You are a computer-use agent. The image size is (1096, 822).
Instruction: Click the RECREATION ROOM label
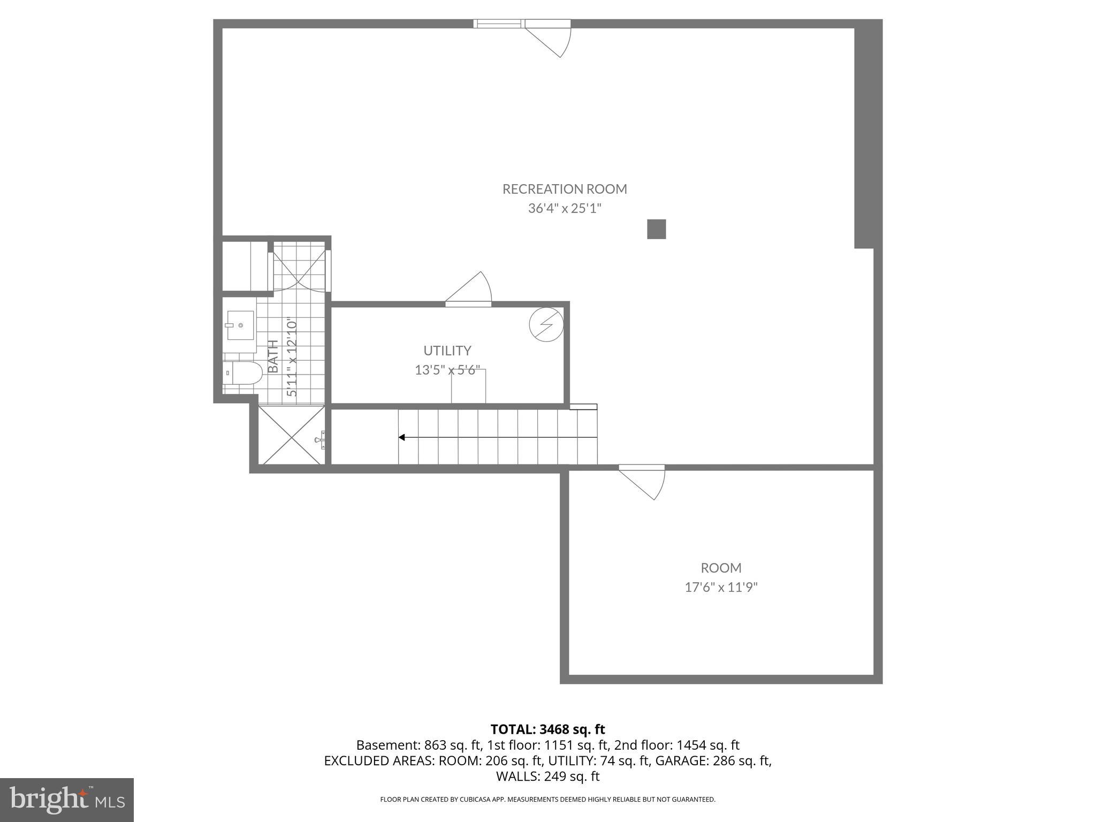click(x=565, y=189)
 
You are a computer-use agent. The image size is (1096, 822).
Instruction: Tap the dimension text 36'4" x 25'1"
click(x=565, y=208)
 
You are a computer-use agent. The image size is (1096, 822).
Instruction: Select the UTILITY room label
click(x=447, y=351)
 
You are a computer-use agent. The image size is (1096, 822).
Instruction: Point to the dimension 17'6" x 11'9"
click(x=721, y=587)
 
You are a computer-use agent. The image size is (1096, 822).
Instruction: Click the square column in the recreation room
click(x=657, y=229)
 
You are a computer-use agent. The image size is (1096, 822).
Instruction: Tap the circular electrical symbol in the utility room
click(x=546, y=324)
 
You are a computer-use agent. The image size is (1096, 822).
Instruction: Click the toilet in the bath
click(x=243, y=372)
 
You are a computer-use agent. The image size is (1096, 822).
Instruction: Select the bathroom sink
click(x=240, y=325)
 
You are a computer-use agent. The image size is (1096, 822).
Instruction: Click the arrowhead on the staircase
click(x=401, y=437)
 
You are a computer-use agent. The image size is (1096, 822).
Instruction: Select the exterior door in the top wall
click(x=551, y=37)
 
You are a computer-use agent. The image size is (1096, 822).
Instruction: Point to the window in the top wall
click(x=499, y=23)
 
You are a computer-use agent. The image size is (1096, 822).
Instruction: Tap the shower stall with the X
click(x=292, y=435)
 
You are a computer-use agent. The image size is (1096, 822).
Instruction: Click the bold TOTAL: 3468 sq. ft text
click(x=547, y=729)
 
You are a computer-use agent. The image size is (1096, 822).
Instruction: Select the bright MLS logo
click(x=66, y=800)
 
